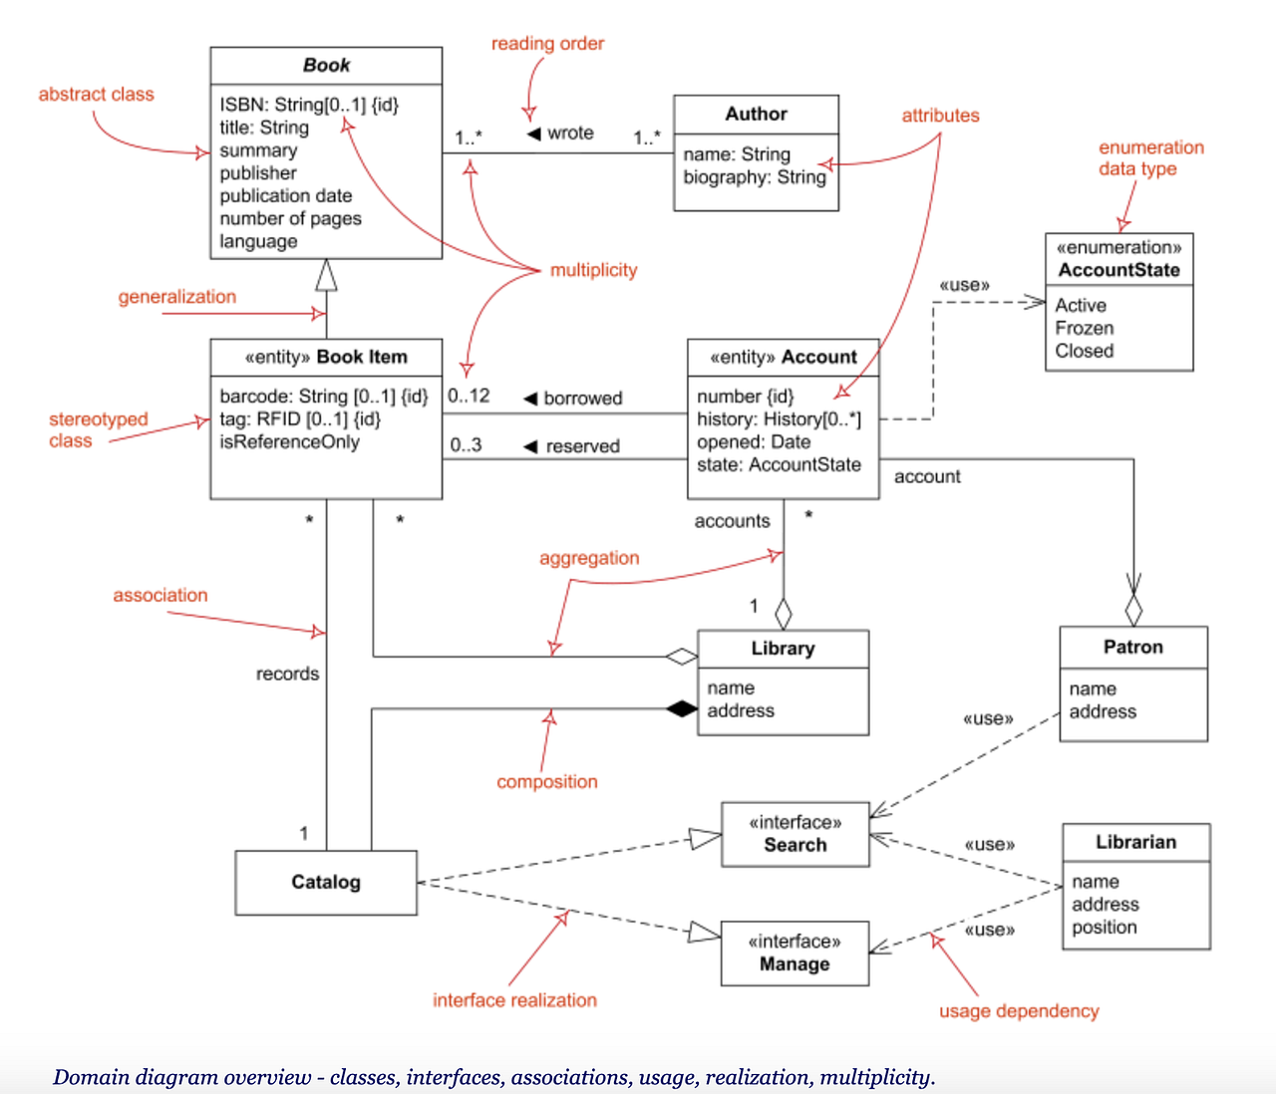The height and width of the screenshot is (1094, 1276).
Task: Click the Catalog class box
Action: (326, 882)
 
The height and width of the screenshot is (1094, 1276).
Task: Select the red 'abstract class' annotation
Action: (96, 95)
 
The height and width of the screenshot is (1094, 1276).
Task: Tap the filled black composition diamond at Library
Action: (682, 709)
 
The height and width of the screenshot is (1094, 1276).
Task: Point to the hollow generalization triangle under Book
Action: (326, 275)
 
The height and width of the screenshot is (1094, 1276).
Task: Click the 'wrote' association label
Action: (570, 134)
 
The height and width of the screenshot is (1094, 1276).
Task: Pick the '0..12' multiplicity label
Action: (469, 396)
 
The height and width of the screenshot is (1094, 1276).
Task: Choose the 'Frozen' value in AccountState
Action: (1084, 328)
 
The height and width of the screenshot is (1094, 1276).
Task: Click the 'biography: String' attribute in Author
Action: (754, 177)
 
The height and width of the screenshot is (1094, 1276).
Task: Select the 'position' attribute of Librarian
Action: (1104, 927)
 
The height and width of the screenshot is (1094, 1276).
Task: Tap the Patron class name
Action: (1132, 647)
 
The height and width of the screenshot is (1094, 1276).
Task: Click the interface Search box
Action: (795, 834)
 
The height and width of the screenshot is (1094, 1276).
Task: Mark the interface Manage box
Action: (795, 954)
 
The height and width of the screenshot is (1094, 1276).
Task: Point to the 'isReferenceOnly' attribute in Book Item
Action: (289, 441)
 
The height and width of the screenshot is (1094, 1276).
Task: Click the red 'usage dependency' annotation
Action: (1018, 1011)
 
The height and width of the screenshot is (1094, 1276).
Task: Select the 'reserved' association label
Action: (582, 446)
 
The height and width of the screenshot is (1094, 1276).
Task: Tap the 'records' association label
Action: (287, 674)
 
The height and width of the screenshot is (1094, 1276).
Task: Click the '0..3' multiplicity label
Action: (466, 444)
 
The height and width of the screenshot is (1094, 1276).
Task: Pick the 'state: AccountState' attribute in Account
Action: (779, 464)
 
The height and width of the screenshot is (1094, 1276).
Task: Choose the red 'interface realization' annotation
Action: (514, 1000)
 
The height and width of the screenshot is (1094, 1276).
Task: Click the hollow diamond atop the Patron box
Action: (1132, 607)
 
